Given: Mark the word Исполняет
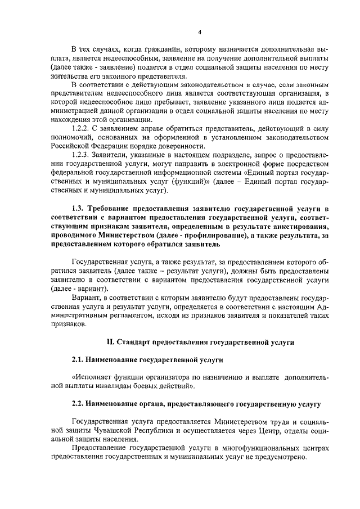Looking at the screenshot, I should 91,377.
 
